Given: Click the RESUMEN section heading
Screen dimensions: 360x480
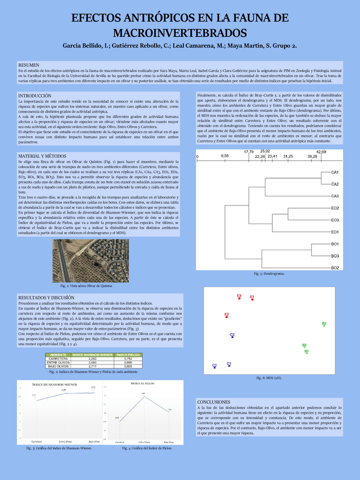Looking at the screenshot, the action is point(28,66).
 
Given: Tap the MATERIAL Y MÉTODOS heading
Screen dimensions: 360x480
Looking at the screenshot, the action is point(42,156).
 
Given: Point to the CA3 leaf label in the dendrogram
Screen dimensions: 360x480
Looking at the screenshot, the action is point(335,196).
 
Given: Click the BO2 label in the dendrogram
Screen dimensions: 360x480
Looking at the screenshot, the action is point(335,268).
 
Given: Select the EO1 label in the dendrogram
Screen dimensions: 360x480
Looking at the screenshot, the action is point(335,232).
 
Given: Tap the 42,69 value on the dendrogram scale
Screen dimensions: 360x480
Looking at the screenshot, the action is point(321,151).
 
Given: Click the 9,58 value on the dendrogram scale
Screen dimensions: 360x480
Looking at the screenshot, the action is point(225,155).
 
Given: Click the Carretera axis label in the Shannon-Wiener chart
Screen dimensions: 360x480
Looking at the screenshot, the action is point(38,440).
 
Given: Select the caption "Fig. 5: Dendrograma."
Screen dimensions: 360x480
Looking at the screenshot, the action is point(269,274).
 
